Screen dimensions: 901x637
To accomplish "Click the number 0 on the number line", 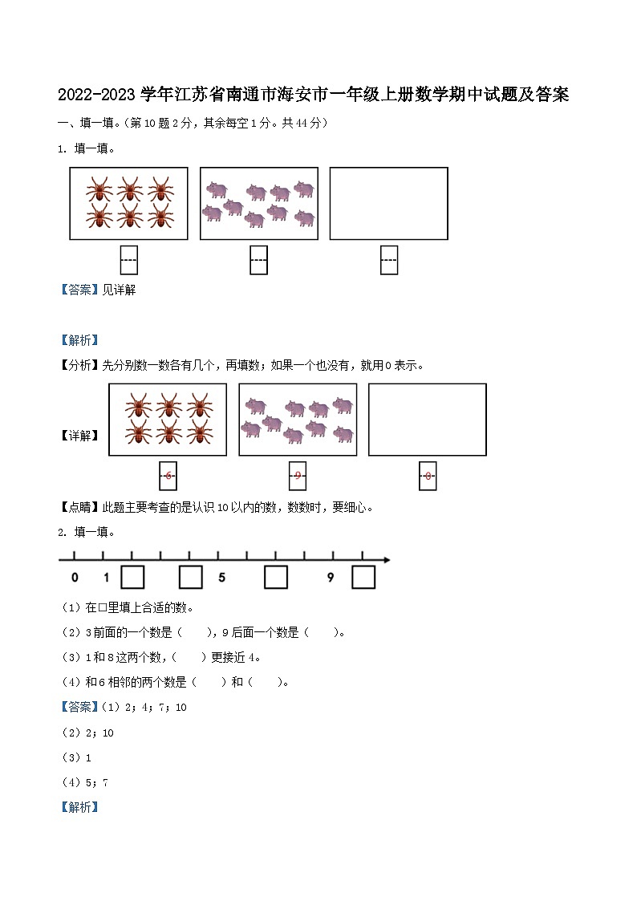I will tap(75, 578).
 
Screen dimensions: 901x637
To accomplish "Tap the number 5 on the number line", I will tap(221, 578).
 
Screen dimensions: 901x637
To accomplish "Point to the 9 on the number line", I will tap(331, 578).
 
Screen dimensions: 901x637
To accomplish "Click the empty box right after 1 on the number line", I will tap(132, 578).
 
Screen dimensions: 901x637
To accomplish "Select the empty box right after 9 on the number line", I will tap(363, 578).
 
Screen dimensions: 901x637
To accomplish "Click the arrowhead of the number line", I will tap(386, 559).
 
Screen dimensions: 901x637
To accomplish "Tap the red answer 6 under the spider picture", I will tap(168, 477).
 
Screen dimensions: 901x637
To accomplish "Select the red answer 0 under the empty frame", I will tap(428, 477).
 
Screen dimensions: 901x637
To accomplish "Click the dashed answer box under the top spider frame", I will tap(128, 260).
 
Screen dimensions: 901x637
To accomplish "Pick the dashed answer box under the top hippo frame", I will tap(258, 260).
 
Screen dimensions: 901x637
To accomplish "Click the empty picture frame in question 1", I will tap(388, 203).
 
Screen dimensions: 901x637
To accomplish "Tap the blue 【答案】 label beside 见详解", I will tap(79, 290).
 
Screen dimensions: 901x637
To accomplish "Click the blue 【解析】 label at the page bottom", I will tap(79, 807).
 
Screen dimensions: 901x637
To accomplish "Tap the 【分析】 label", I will tap(79, 365).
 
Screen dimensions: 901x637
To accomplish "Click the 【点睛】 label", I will tap(79, 507).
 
